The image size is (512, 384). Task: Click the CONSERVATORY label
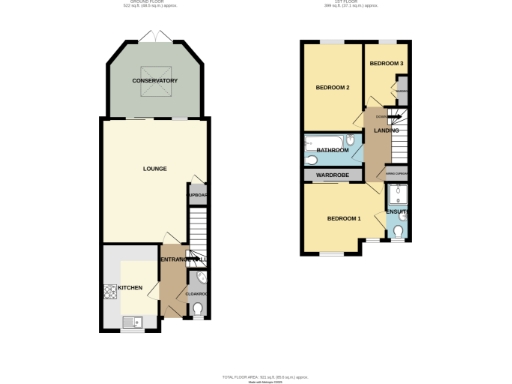(155, 80)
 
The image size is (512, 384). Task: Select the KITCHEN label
(131, 288)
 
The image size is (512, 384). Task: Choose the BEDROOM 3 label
(386, 64)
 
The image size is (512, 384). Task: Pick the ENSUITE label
(396, 211)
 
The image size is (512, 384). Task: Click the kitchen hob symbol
(109, 292)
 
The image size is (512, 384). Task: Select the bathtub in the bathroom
(322, 150)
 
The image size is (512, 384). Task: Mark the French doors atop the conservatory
(155, 39)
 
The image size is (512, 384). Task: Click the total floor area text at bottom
(254, 375)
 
